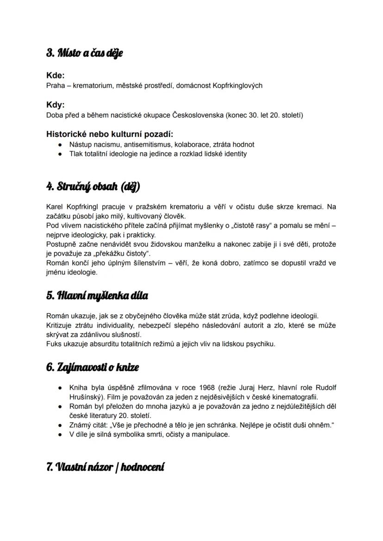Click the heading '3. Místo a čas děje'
click(x=84, y=53)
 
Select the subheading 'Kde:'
click(x=56, y=75)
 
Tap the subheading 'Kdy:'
click(x=56, y=105)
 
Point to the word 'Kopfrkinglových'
click(x=237, y=85)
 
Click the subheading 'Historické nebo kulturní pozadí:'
click(x=110, y=135)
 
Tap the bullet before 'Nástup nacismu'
click(x=61, y=145)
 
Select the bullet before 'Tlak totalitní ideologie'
click(x=61, y=154)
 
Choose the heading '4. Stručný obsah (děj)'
click(x=93, y=187)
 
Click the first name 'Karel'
click(x=55, y=206)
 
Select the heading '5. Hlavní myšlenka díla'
click(x=97, y=295)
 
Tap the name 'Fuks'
click(x=54, y=344)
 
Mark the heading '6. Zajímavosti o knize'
click(x=93, y=367)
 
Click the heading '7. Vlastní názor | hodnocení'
click(x=105, y=467)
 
